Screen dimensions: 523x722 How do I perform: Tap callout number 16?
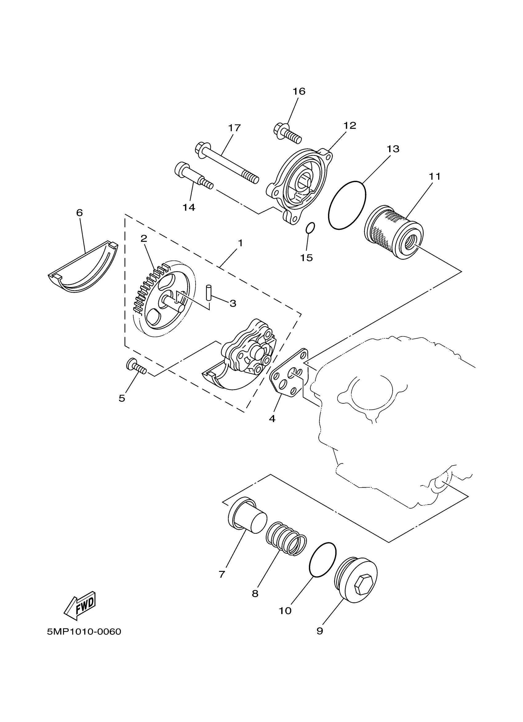pyautogui.click(x=299, y=91)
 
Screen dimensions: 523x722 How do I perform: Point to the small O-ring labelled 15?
pyautogui.click(x=310, y=228)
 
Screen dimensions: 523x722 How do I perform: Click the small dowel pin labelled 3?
pyautogui.click(x=209, y=292)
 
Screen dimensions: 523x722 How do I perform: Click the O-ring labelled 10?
pyautogui.click(x=322, y=559)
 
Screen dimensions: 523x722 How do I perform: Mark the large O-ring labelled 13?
pyautogui.click(x=347, y=205)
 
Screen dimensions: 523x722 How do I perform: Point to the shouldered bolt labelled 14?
pyautogui.click(x=193, y=176)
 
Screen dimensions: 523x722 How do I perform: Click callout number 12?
pyautogui.click(x=349, y=126)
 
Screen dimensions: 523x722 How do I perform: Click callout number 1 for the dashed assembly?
pyautogui.click(x=240, y=243)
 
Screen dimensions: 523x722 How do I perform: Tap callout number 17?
pyautogui.click(x=234, y=128)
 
